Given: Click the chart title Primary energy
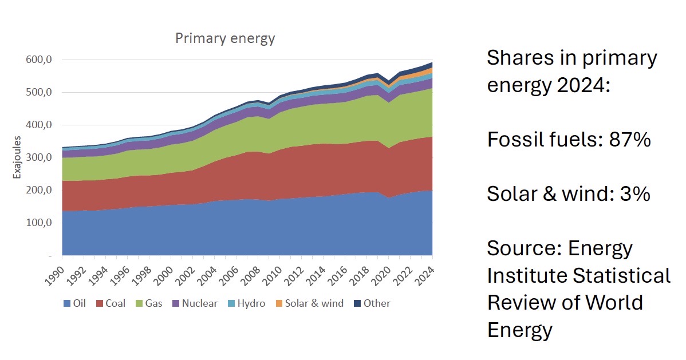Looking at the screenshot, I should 225,38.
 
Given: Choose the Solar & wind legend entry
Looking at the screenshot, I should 314,303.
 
